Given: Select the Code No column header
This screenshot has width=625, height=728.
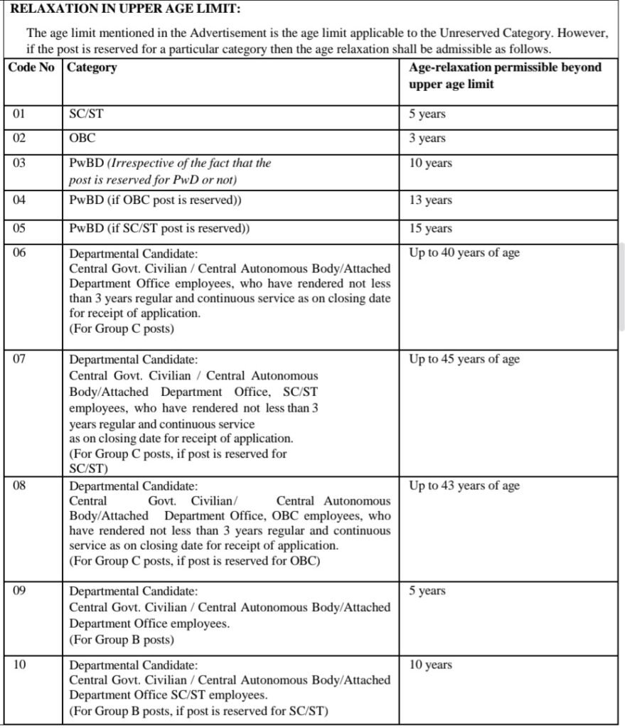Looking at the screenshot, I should [x=31, y=68].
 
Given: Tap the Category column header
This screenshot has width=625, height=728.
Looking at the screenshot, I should [x=92, y=68].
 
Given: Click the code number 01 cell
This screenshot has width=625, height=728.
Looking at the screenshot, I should [x=19, y=113].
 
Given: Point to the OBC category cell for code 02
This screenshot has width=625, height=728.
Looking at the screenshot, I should [x=82, y=138].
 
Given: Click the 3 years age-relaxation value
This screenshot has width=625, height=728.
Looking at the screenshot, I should [x=427, y=138].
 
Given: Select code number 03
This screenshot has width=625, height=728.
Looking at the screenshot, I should [x=19, y=163].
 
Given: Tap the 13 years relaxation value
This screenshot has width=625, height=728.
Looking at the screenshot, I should [x=430, y=200].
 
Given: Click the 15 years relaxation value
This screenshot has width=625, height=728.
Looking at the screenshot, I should [x=430, y=228].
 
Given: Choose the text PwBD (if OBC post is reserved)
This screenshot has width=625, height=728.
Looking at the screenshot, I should [x=155, y=200].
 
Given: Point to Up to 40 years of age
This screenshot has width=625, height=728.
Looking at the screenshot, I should [x=464, y=252].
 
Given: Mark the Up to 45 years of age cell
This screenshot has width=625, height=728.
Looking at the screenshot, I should [x=464, y=359].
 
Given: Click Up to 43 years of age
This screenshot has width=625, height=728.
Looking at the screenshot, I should [x=464, y=486].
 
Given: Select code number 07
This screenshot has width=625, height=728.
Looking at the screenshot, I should [x=19, y=359].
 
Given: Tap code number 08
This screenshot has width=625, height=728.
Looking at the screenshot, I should [x=19, y=486].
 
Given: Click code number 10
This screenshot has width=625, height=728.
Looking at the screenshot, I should [x=19, y=665].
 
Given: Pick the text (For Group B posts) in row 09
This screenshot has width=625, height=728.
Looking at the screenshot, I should [x=122, y=639].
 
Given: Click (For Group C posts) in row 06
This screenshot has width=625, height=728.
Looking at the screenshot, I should [x=122, y=329].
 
